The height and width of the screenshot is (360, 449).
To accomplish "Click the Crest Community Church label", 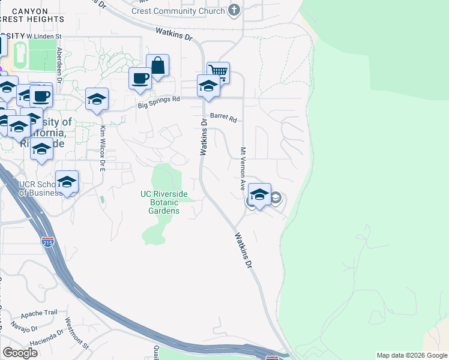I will coord(178,11).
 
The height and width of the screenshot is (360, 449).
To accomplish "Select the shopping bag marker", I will coord(157,67).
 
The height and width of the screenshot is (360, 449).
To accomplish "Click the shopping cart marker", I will coord(218,73).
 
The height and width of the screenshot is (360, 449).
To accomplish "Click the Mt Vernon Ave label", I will coord(244,169).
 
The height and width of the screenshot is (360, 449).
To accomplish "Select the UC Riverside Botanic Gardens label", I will coord(164,202).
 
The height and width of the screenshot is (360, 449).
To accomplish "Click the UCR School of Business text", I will coord(40,188).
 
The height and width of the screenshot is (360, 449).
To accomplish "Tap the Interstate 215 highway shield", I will coord(48,242).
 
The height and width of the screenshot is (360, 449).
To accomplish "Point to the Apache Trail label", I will coord(39,314).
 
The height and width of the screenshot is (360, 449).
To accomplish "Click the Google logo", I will coord(20,352).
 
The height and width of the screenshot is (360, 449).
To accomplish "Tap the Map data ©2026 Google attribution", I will coord(411,355).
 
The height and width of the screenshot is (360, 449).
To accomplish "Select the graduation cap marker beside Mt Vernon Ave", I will coord(259,195).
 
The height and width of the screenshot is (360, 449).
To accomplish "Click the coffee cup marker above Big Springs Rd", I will coord(140,79).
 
